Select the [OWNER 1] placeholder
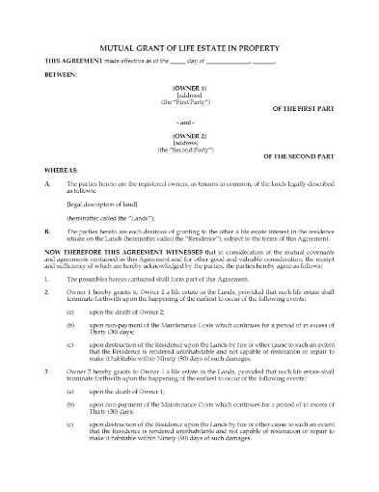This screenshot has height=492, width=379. pos(188,87)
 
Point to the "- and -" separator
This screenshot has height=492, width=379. pos(189,124)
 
